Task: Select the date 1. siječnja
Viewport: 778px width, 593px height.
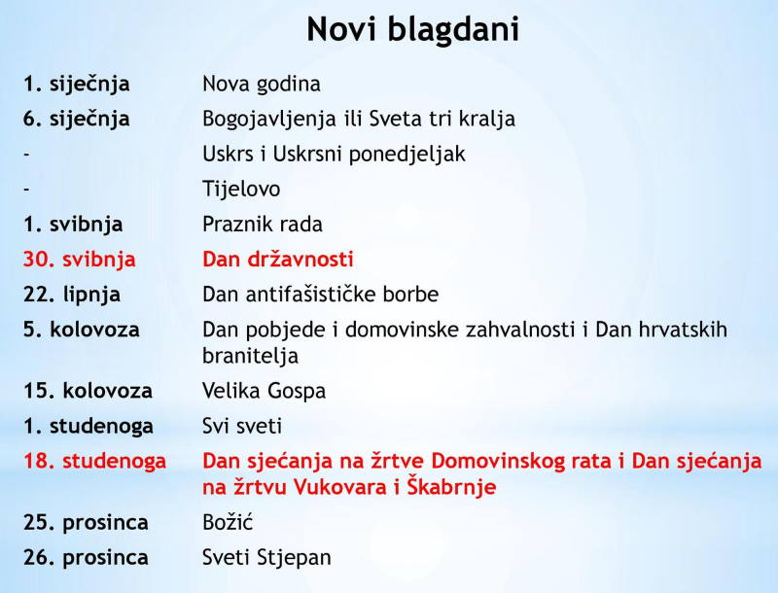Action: pyautogui.click(x=77, y=84)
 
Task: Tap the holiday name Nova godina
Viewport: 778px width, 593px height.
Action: pyautogui.click(x=262, y=85)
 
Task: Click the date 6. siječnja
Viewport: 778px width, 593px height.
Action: pyautogui.click(x=77, y=119)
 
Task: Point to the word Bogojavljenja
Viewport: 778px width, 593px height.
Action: pyautogui.click(x=269, y=120)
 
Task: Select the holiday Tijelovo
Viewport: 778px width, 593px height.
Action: pyautogui.click(x=241, y=189)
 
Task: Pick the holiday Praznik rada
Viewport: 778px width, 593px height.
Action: pyautogui.click(x=263, y=225)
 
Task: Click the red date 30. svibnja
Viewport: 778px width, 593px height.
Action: pyautogui.click(x=80, y=260)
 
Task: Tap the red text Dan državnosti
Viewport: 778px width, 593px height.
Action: pyautogui.click(x=278, y=260)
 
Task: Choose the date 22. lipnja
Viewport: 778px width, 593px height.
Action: pyautogui.click(x=72, y=295)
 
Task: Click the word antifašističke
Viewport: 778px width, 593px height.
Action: pyautogui.click(x=303, y=295)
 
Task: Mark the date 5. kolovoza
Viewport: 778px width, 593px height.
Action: pyautogui.click(x=82, y=330)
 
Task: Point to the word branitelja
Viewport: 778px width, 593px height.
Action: pyautogui.click(x=251, y=356)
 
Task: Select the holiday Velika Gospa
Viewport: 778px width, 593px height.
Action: pyautogui.click(x=264, y=391)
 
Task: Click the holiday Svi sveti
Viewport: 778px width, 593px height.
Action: pyautogui.click(x=242, y=426)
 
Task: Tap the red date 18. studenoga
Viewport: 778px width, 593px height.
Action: pyautogui.click(x=94, y=461)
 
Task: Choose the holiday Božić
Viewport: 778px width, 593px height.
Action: pyautogui.click(x=228, y=522)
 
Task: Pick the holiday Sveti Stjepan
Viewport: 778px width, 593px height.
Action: pyautogui.click(x=266, y=558)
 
